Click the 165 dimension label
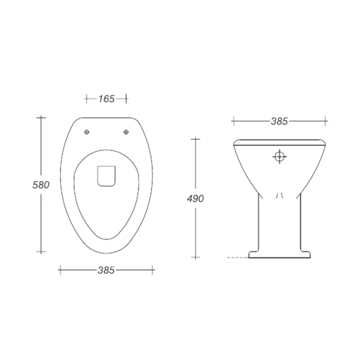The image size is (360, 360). [107, 99]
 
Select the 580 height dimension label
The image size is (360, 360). [40, 184]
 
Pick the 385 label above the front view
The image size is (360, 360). [279, 121]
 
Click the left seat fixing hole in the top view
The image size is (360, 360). [87, 132]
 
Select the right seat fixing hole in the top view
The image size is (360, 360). [126, 132]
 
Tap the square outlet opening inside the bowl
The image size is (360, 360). [107, 175]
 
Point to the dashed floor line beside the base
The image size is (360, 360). [237, 257]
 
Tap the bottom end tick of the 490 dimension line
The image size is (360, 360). [195, 257]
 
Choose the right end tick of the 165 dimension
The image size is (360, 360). [126, 99]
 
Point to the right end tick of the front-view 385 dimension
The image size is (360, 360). [326, 121]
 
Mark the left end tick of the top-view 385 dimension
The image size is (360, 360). [60, 270]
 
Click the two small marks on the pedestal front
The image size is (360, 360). [279, 195]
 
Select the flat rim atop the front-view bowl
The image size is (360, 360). [279, 142]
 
